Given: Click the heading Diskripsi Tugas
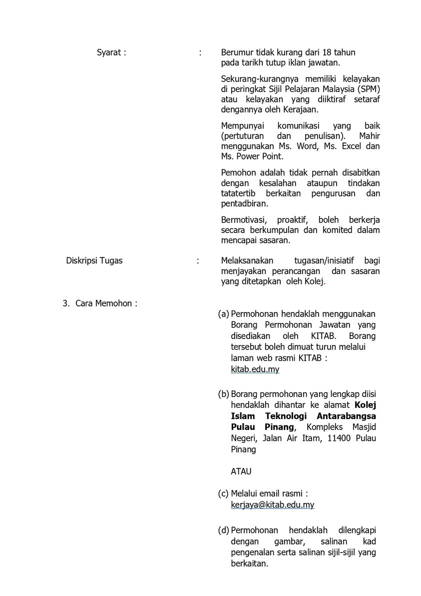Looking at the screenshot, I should [x=94, y=260].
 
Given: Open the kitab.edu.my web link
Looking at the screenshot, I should [x=255, y=369].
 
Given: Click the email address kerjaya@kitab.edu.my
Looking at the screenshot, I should [x=272, y=505].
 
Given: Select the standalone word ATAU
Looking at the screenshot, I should [x=241, y=471].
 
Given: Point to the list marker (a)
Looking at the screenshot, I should [x=224, y=314].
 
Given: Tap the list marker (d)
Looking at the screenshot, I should [x=224, y=530].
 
